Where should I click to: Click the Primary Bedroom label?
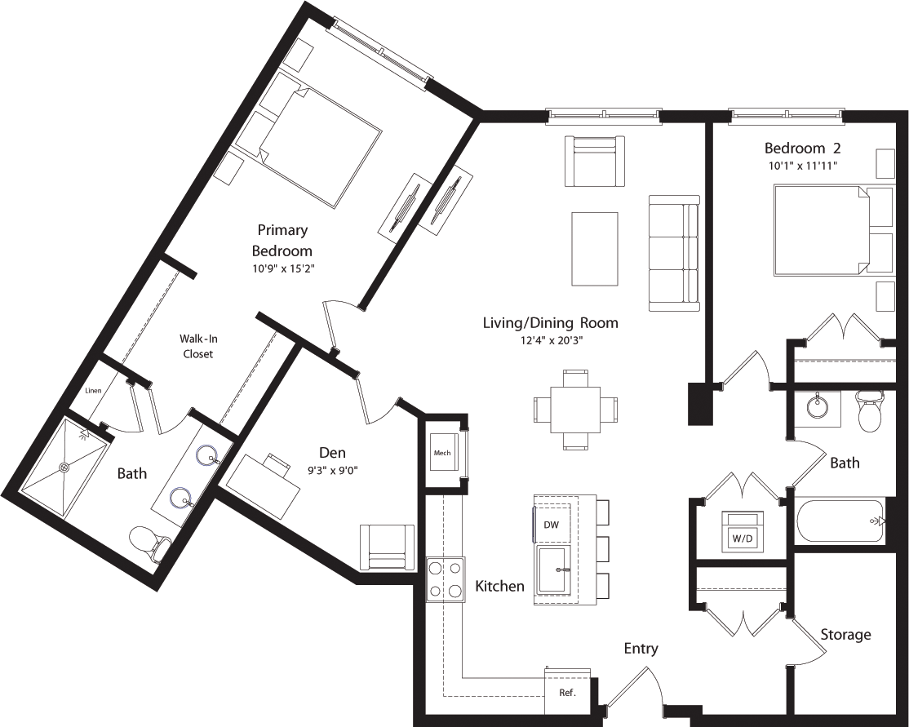(x=282, y=240)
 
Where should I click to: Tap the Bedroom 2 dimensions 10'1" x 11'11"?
(x=801, y=166)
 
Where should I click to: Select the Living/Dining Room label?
(x=550, y=322)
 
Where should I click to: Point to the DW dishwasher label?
(x=551, y=525)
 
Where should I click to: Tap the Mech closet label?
(x=442, y=453)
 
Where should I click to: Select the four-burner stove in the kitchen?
(x=446, y=578)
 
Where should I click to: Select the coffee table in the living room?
(x=594, y=249)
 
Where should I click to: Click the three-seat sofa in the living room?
(x=674, y=253)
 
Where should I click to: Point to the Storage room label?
(x=845, y=634)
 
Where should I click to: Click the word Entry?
(x=641, y=649)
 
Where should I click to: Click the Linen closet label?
(x=93, y=391)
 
